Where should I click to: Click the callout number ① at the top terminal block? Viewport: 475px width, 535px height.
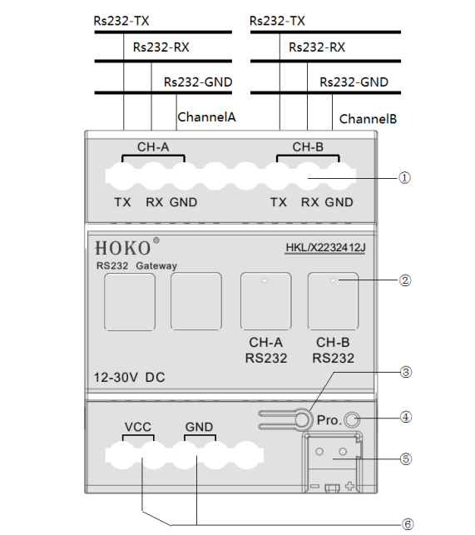(404, 178)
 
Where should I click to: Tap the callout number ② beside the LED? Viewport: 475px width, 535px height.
(405, 280)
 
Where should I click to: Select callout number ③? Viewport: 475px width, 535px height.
(405, 372)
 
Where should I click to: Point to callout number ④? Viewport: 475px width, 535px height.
(405, 417)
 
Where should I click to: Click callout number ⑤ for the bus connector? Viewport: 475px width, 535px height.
(405, 459)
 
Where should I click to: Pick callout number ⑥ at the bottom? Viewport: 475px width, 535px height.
(407, 524)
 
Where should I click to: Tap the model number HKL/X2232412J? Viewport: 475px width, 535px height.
(325, 247)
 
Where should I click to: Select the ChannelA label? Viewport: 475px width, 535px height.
(206, 117)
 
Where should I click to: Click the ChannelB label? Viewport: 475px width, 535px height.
(368, 119)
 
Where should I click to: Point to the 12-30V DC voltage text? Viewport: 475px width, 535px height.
(129, 378)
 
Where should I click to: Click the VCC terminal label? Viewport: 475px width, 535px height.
(137, 427)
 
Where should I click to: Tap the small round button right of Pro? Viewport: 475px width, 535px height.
(352, 419)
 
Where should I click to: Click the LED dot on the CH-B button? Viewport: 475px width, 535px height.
(333, 280)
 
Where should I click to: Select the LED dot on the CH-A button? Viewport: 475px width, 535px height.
(265, 280)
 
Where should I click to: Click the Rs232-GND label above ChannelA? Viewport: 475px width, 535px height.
(198, 82)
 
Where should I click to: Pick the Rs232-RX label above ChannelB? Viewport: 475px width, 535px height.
(317, 47)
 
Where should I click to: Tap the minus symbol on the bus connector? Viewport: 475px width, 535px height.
(314, 486)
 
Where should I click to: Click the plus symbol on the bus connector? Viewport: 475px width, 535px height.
(349, 486)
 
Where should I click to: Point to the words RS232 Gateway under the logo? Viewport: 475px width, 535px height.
(136, 265)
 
